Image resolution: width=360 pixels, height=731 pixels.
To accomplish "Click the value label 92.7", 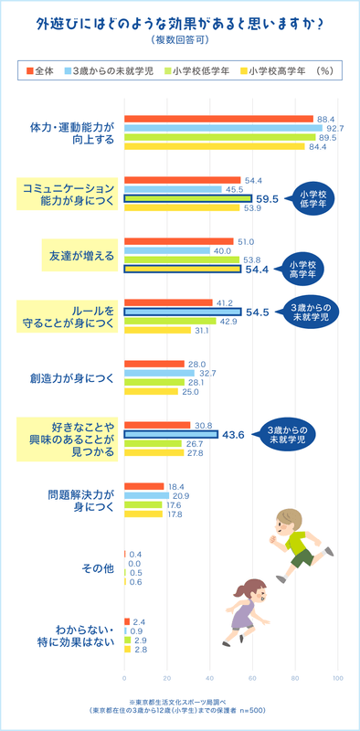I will pyautogui.click(x=334, y=128).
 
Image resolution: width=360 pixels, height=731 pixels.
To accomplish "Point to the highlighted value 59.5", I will pyautogui.click(x=269, y=198).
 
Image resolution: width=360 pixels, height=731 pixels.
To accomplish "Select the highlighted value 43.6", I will pyautogui.click(x=235, y=435).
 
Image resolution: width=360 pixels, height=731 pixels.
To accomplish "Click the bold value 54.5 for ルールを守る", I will pyautogui.click(x=259, y=312).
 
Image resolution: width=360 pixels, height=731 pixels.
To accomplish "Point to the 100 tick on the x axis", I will pyautogui.click(x=337, y=678).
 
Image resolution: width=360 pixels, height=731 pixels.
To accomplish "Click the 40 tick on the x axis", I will pyautogui.click(x=209, y=678).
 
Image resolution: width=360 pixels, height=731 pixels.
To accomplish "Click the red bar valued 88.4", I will pyautogui.click(x=218, y=119).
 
